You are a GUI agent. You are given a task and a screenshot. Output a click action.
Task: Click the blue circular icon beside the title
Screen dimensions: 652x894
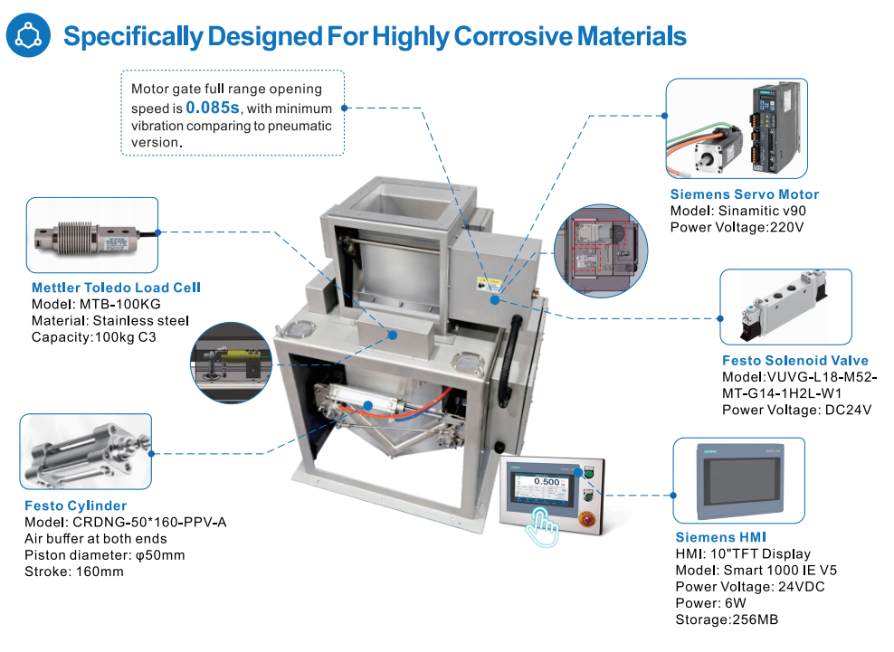pyautogui.click(x=29, y=35)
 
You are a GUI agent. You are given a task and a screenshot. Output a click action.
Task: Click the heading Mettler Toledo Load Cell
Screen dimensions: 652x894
pyautogui.click(x=116, y=288)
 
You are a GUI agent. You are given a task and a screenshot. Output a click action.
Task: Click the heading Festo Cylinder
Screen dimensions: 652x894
pyautogui.click(x=75, y=506)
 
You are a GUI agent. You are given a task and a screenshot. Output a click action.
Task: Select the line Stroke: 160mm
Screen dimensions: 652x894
pyautogui.click(x=73, y=572)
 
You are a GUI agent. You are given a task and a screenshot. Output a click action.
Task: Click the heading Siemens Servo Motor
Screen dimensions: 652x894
pyautogui.click(x=744, y=194)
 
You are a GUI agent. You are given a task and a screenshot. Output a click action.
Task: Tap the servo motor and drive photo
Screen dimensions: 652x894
pyautogui.click(x=736, y=128)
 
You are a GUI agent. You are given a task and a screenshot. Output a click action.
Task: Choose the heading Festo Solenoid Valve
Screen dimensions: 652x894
pyautogui.click(x=788, y=361)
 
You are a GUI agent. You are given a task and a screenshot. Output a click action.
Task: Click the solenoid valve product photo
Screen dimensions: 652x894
pyautogui.click(x=785, y=307)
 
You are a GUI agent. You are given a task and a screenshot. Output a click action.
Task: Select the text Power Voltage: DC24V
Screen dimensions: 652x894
pyautogui.click(x=796, y=410)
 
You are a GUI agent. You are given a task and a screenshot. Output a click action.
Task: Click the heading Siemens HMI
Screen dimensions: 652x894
pyautogui.click(x=718, y=537)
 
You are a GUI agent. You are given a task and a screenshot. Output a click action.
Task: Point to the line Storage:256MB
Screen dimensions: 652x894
pyautogui.click(x=727, y=619)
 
